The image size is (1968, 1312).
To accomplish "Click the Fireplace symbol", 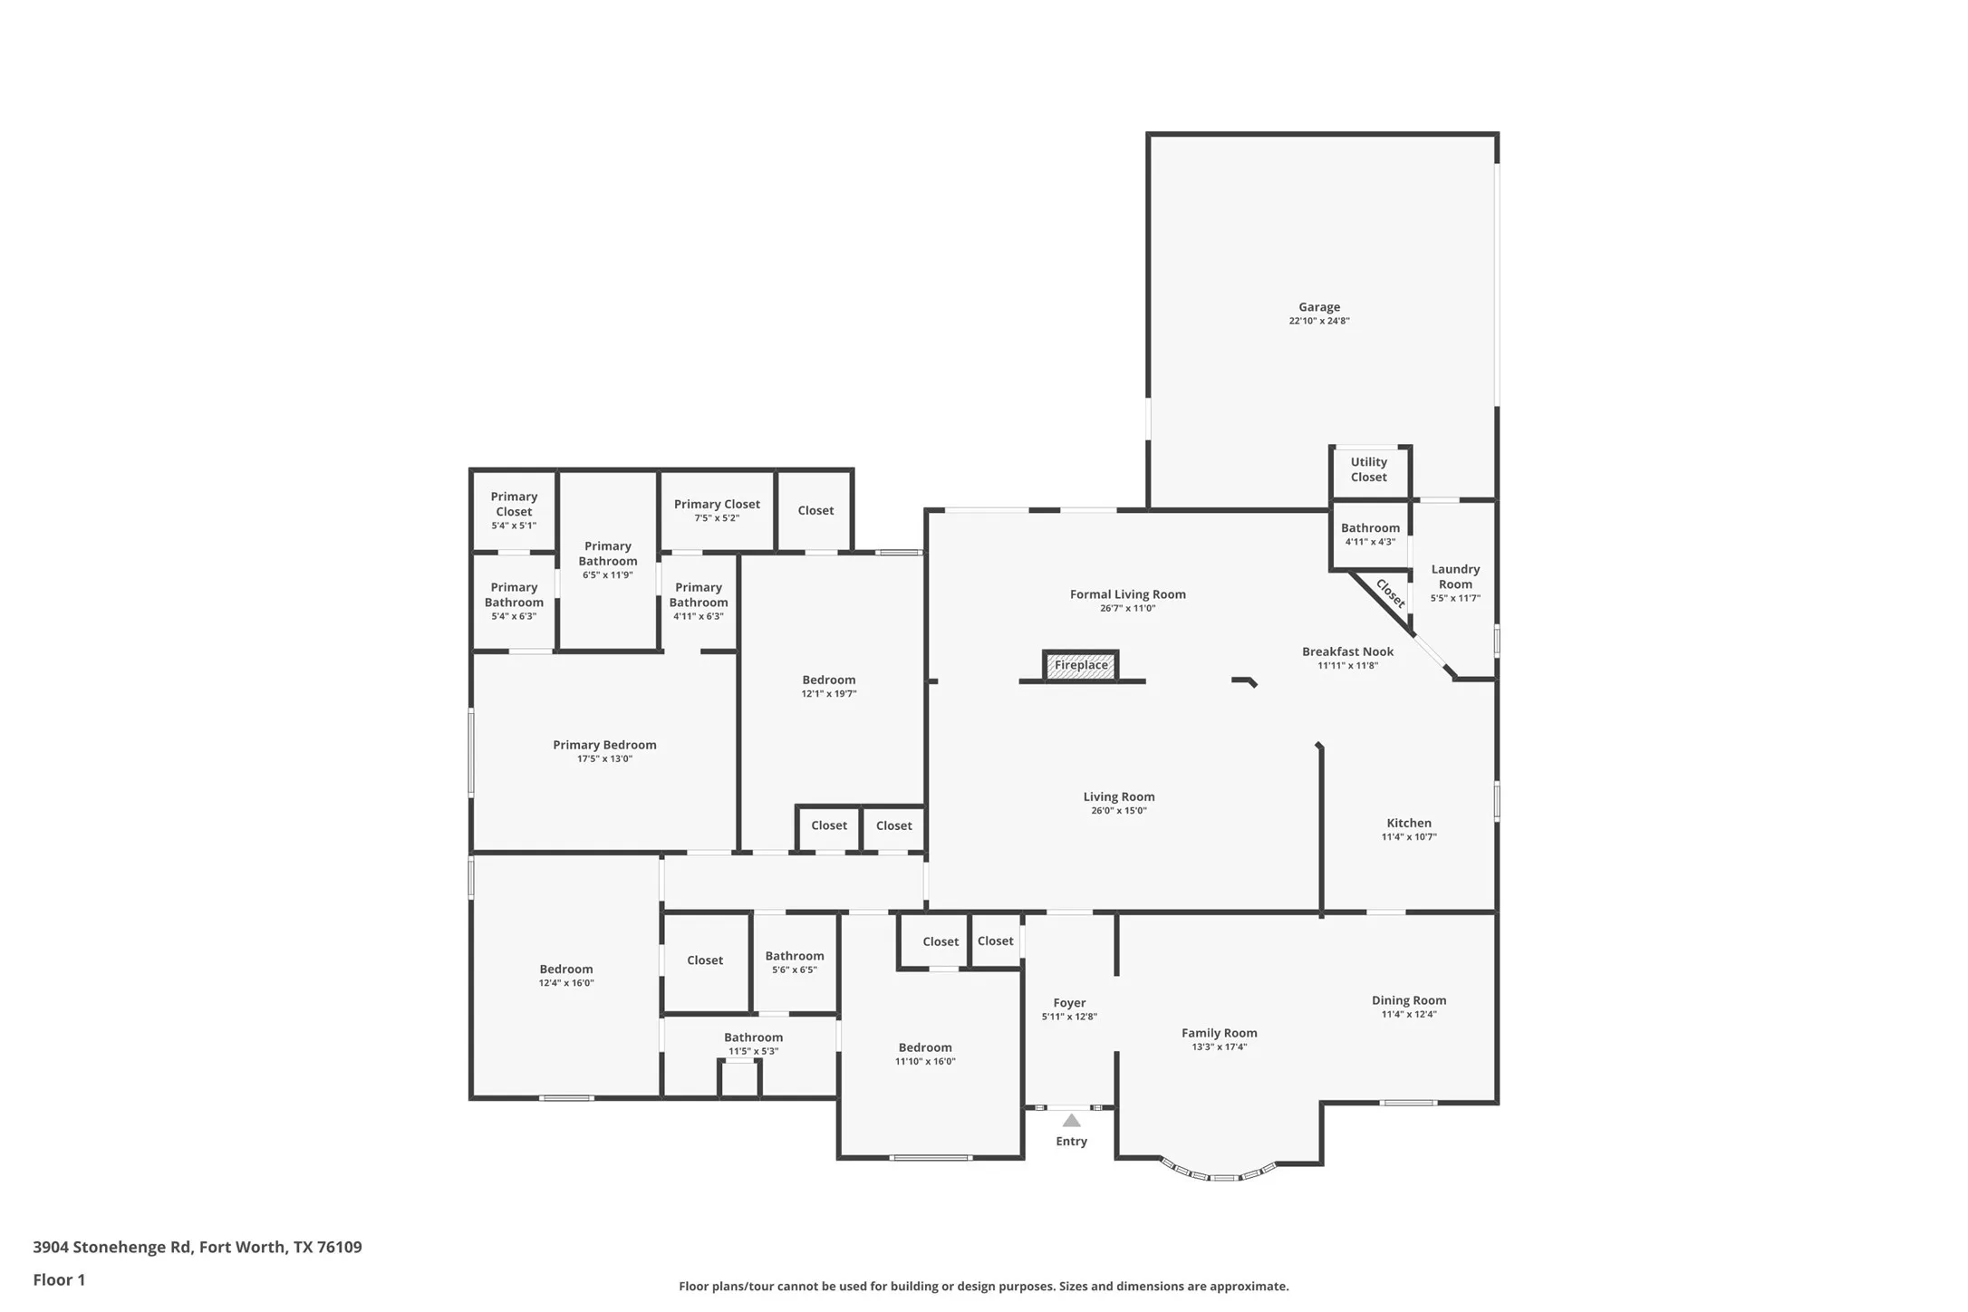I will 1080,665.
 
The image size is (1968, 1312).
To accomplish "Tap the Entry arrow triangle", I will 1071,1121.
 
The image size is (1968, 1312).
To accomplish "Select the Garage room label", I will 1318,307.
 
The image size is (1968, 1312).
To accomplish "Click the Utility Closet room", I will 1368,469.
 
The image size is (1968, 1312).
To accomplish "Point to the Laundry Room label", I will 1455,576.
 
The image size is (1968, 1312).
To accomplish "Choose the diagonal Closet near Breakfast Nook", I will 1390,593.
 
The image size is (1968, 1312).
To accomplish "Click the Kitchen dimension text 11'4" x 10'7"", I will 1408,837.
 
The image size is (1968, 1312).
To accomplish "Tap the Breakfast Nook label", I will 1347,651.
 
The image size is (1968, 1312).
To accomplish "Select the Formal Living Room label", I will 1127,594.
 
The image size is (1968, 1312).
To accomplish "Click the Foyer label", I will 1069,1003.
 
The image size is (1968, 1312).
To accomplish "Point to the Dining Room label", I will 1408,1000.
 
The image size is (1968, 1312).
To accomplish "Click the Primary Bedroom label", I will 604,745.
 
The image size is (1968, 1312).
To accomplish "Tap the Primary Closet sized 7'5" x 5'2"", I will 717,510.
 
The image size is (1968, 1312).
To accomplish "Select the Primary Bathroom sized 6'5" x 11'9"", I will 608,559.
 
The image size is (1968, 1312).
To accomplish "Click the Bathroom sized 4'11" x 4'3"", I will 1370,534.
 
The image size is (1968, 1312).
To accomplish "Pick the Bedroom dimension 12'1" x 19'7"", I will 828,694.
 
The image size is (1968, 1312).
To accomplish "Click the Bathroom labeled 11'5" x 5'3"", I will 753,1043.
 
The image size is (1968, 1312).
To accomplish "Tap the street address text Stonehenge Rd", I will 132,1247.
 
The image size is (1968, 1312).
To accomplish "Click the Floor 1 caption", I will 59,1279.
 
